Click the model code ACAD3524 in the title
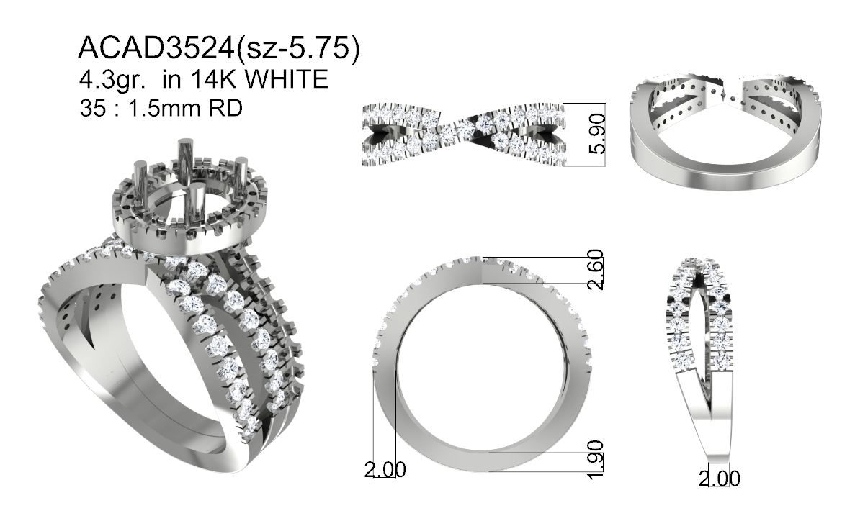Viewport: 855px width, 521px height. click(x=156, y=48)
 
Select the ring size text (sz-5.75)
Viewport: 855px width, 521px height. click(x=298, y=49)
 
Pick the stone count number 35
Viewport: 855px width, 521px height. click(x=92, y=109)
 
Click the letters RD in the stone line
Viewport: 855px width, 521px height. click(x=226, y=109)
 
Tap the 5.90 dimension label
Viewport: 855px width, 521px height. click(x=598, y=134)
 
